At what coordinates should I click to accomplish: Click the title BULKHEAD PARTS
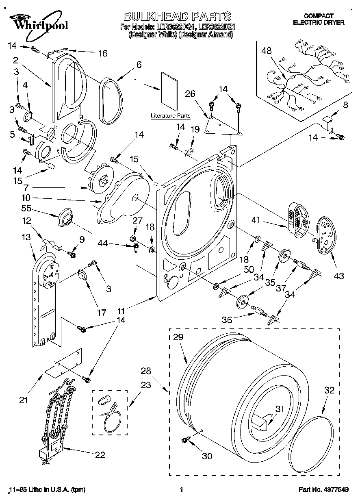pos(177,16)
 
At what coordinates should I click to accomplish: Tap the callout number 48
pos(267,51)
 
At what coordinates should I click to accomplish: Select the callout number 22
pos(100,455)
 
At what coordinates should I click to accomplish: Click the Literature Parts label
pos(171,115)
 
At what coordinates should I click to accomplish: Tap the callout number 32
pos(329,390)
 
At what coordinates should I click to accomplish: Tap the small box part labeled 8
pos(327,122)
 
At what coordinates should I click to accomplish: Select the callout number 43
pos(338,276)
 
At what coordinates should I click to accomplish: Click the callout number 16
pos(103,53)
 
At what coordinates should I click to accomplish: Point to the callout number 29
pos(178,337)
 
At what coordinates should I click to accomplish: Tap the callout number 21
pos(24,400)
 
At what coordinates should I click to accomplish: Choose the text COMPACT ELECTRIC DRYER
pos(319,19)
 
